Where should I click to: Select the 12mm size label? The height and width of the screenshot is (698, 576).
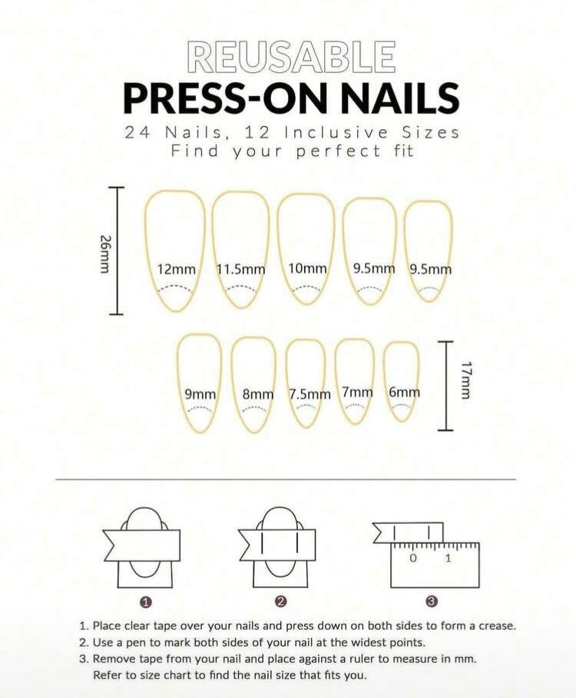click(x=177, y=270)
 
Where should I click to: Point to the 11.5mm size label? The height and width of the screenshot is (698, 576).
click(x=241, y=270)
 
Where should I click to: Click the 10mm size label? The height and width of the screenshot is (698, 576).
click(x=307, y=269)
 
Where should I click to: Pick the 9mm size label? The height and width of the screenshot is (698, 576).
click(x=200, y=395)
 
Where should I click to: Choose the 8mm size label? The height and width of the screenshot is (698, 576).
click(x=258, y=395)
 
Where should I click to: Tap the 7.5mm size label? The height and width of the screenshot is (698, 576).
click(x=310, y=395)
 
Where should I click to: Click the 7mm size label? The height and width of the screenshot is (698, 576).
click(x=357, y=392)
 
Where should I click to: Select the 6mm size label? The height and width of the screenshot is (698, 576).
click(x=404, y=392)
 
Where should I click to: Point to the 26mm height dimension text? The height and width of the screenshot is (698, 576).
click(x=104, y=253)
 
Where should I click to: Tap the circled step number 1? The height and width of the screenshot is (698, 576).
click(x=144, y=602)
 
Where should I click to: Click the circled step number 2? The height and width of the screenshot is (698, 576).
click(x=280, y=602)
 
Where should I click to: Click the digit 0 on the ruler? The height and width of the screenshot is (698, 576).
click(x=413, y=558)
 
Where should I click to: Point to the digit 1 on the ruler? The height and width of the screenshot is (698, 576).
click(x=448, y=558)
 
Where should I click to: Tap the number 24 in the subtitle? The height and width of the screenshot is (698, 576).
click(x=135, y=133)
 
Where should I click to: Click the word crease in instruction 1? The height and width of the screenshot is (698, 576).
click(x=496, y=626)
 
